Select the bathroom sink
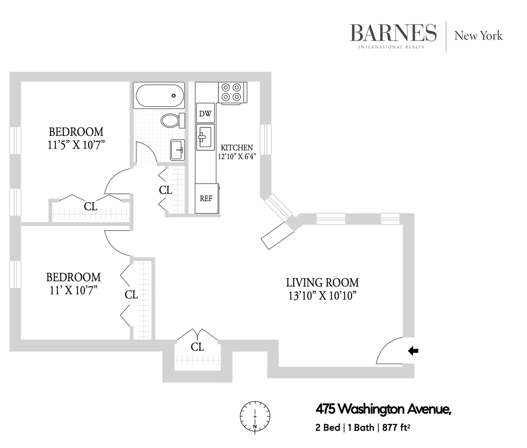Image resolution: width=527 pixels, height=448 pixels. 177,150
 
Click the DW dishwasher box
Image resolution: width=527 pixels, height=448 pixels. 205,114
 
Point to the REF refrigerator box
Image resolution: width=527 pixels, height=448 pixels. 206,198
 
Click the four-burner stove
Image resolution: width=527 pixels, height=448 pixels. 231,92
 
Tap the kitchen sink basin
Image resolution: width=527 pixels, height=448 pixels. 205,137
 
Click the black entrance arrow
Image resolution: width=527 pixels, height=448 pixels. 413,351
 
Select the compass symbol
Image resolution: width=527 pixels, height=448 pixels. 255,416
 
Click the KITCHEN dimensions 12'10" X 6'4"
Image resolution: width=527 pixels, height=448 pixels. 237,156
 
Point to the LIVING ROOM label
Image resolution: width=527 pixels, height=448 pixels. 322,283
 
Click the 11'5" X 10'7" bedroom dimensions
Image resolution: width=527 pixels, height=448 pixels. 76,145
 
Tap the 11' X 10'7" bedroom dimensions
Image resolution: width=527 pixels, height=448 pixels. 73,291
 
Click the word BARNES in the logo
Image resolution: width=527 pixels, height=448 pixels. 393,33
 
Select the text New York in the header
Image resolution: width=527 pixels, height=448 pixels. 478,36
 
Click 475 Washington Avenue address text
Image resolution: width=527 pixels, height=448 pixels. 383,409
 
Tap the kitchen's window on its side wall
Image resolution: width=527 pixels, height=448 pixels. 266,139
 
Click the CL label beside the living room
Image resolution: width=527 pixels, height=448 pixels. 197,347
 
